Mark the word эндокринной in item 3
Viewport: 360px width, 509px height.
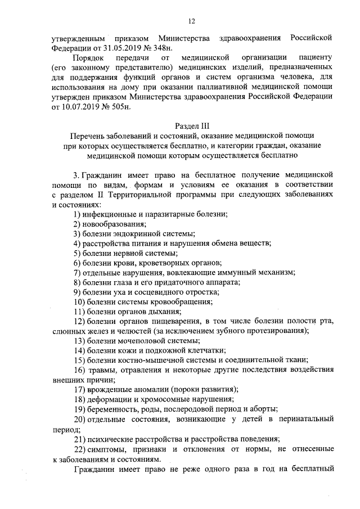point(136,233)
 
